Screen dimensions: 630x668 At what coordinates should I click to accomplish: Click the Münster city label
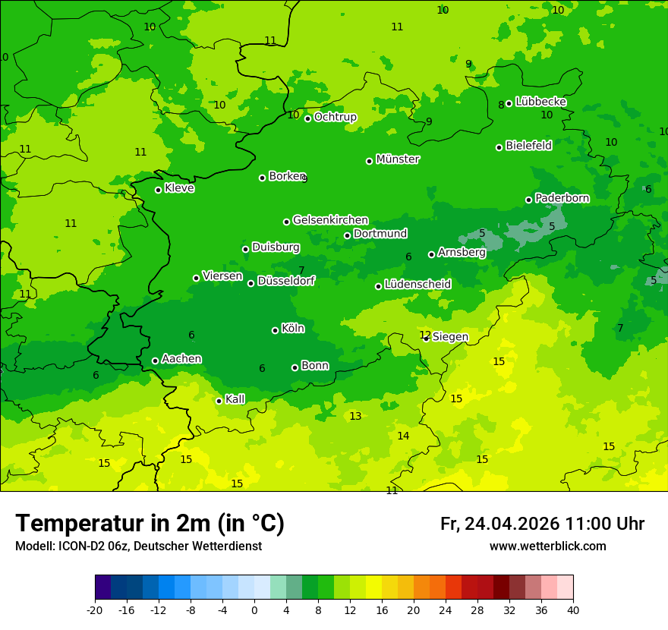tap(398, 159)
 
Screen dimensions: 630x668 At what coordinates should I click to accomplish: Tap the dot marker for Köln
tap(275, 330)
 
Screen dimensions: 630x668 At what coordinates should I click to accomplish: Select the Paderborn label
tap(562, 198)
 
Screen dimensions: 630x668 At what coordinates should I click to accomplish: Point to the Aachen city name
tap(181, 358)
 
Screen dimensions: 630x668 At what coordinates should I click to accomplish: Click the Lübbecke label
tap(540, 102)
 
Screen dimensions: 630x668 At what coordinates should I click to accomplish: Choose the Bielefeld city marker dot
tap(499, 147)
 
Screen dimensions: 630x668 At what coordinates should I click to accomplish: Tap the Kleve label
tap(179, 188)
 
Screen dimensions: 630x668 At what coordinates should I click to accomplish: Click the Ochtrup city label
tap(336, 117)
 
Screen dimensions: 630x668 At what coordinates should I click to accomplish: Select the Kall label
tap(235, 399)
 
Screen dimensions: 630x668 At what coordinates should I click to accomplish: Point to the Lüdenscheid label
tap(417, 285)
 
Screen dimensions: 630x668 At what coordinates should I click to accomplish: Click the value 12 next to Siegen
tap(425, 335)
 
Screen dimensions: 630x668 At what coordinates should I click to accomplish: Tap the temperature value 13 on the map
tap(355, 416)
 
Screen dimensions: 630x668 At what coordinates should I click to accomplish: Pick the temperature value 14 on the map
tap(403, 436)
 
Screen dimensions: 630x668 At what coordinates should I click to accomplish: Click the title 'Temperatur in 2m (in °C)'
tap(150, 524)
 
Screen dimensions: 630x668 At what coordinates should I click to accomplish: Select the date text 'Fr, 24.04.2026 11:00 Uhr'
tap(542, 524)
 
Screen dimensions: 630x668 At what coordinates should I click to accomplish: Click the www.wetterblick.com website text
tap(547, 547)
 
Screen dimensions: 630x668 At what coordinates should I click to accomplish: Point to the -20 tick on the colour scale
tap(95, 610)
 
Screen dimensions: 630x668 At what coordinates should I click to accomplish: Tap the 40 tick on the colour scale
tap(573, 610)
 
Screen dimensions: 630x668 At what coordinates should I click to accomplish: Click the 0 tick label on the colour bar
tap(254, 610)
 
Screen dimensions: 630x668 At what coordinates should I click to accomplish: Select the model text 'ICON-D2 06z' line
tap(138, 547)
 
